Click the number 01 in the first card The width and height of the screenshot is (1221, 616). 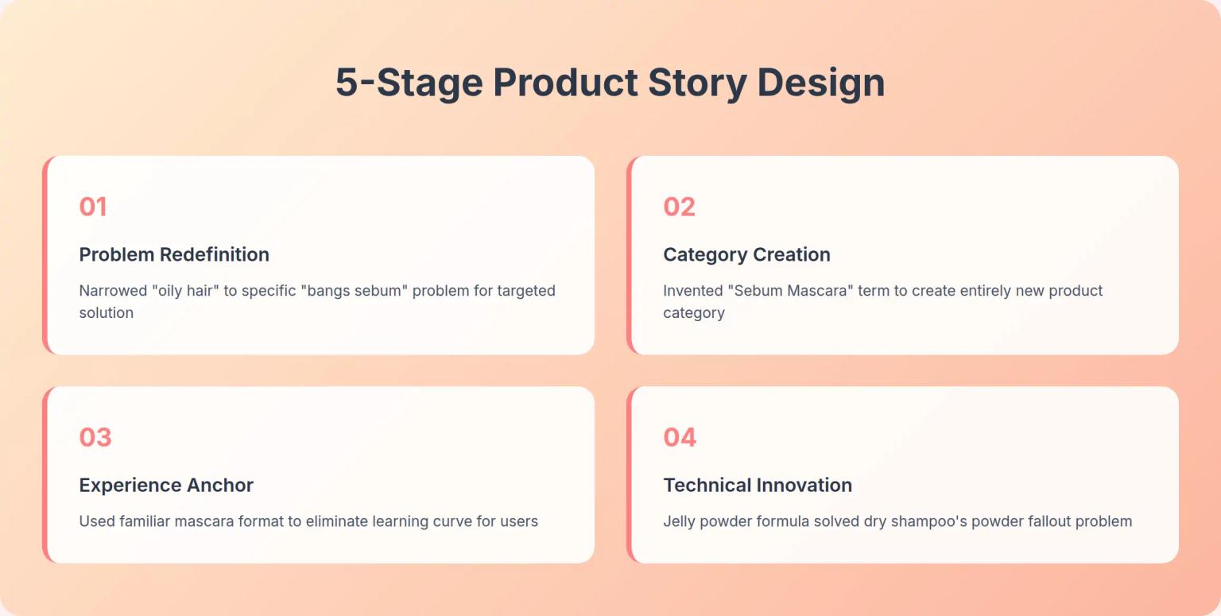pos(93,207)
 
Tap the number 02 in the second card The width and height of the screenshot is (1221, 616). pos(679,207)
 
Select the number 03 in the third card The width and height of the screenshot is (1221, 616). pos(95,437)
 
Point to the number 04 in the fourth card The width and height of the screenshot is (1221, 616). pos(680,437)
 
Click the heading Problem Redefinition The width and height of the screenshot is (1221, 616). pos(174,254)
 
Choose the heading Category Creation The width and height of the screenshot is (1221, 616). pos(746,254)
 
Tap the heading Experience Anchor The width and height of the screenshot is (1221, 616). pos(166,485)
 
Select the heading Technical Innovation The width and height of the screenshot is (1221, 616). pos(758,485)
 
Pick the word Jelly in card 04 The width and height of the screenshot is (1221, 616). pos(680,521)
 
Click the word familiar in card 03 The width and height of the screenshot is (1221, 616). pos(149,521)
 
